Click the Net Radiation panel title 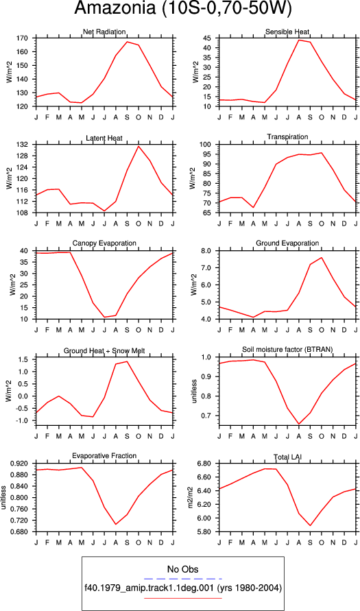coord(104,32)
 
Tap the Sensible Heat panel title coord(287,32)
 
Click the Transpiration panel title coord(287,136)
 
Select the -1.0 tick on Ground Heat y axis coord(24,421)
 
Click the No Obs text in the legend coord(182,568)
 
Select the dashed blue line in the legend coord(182,579)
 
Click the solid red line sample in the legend coord(182,598)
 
